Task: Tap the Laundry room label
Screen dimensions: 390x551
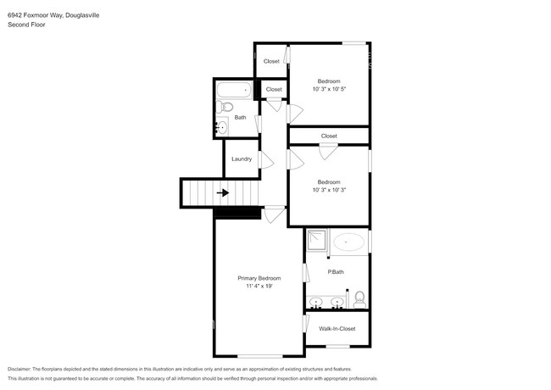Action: [x=242, y=159]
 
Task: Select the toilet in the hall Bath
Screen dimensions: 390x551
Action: [x=225, y=108]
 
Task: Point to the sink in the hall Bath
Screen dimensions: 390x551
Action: [x=222, y=128]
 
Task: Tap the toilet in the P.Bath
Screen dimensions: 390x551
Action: [x=359, y=298]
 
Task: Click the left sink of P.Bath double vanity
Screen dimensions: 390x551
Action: [x=316, y=301]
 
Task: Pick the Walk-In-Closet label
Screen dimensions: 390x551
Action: [x=337, y=328]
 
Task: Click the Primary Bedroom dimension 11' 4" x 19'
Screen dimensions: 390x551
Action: [x=259, y=287]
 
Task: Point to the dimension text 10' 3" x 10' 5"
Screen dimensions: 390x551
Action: [x=329, y=89]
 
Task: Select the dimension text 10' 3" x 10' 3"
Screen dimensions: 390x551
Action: [x=329, y=190]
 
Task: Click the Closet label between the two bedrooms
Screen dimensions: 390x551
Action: [x=329, y=136]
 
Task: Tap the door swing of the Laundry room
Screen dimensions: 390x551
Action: [x=266, y=159]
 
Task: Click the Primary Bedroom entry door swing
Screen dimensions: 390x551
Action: [x=274, y=215]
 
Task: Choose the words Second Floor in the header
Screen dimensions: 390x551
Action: [x=26, y=25]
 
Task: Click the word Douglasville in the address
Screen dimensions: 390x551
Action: [x=73, y=13]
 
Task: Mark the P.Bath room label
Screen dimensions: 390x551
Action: [x=336, y=271]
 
